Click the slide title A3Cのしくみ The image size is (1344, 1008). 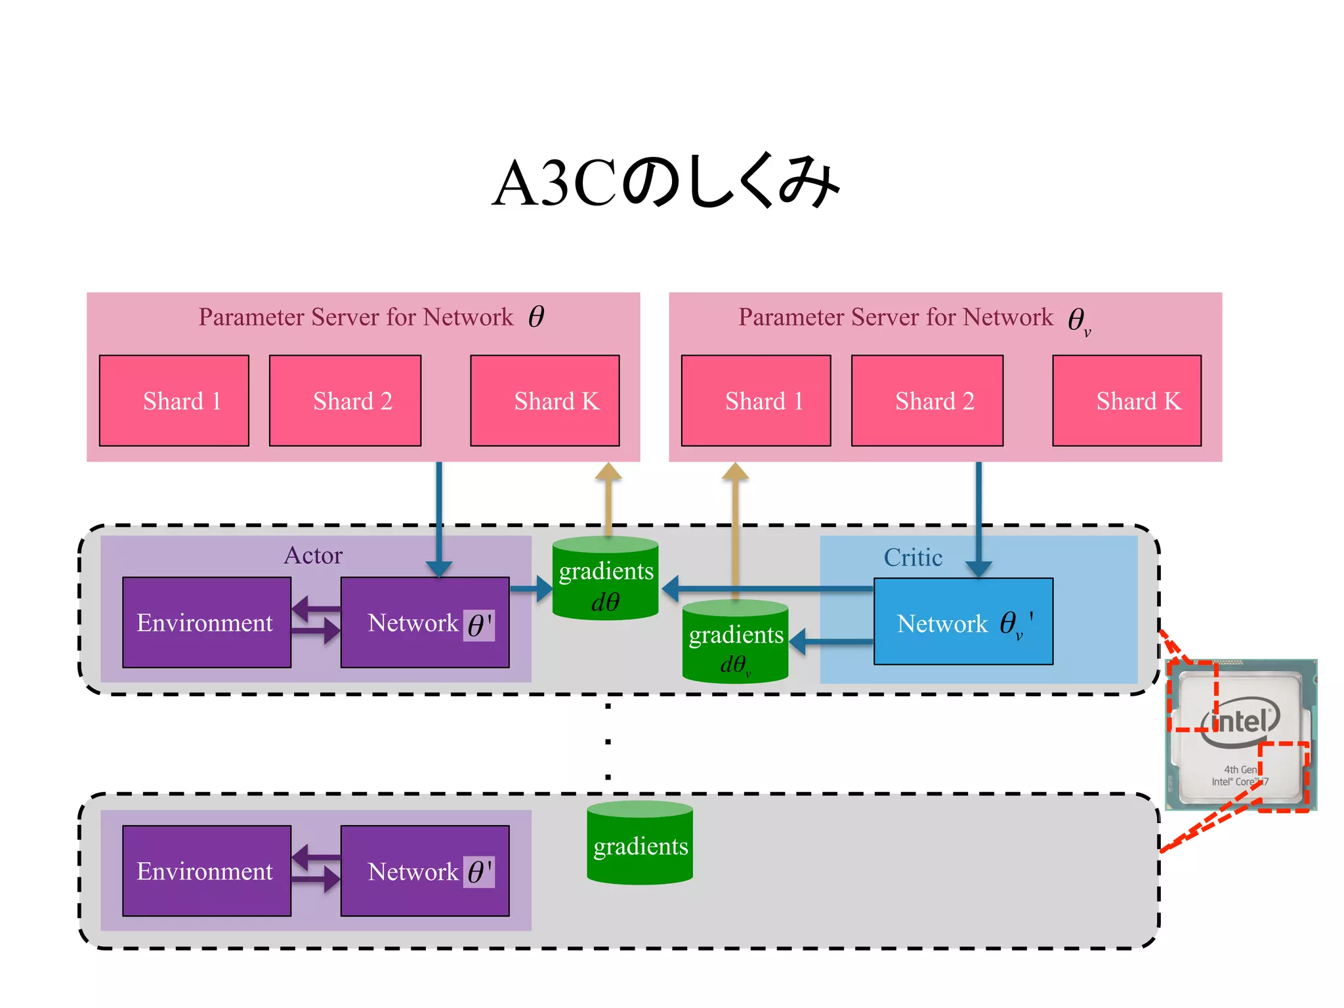(x=665, y=183)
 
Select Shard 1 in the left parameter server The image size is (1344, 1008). (x=174, y=400)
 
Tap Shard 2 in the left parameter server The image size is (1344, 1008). (x=345, y=400)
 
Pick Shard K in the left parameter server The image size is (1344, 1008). (x=545, y=400)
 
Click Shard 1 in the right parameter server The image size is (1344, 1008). (x=756, y=400)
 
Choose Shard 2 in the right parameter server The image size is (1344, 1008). (x=927, y=400)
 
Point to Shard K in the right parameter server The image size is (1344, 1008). (x=1127, y=400)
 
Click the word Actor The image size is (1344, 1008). (x=313, y=555)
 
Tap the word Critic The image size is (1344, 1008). (x=913, y=557)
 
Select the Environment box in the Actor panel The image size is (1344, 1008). (x=207, y=622)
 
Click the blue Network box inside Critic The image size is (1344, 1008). (x=963, y=621)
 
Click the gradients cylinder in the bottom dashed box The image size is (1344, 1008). (x=640, y=843)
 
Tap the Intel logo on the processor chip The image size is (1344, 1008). (x=1240, y=723)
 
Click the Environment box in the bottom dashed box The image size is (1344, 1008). (x=207, y=871)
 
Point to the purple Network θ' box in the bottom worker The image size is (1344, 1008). (x=425, y=871)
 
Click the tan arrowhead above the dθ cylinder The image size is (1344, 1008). (x=608, y=472)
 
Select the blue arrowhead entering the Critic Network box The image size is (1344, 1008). (x=978, y=568)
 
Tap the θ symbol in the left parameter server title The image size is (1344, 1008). (x=536, y=316)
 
